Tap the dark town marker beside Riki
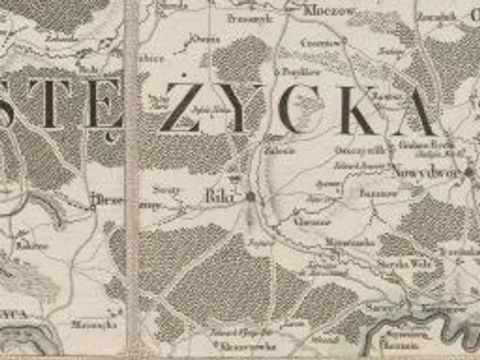click(x=250, y=196)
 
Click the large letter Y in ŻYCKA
click(x=244, y=109)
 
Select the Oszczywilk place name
click(x=348, y=148)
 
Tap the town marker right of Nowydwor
click(x=469, y=172)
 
